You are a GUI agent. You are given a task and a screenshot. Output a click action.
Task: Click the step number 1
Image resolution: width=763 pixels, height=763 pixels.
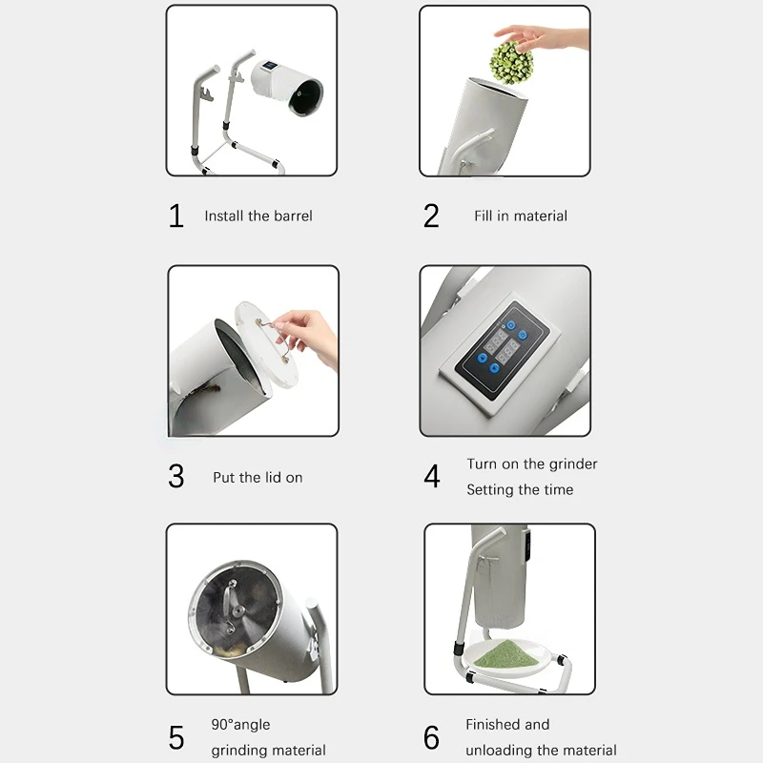click(176, 216)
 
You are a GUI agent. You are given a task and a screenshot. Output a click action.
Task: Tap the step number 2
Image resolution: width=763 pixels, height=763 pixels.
click(431, 216)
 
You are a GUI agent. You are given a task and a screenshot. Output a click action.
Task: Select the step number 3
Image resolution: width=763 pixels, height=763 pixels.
click(176, 476)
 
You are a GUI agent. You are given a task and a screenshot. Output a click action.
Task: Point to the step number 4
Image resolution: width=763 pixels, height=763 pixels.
click(432, 476)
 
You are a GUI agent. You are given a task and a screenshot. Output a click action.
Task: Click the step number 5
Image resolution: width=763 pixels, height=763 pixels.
click(176, 737)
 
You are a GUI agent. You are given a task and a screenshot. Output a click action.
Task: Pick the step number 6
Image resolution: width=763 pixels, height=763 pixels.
click(431, 737)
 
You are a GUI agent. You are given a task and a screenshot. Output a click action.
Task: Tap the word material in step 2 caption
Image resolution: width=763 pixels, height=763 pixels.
click(541, 216)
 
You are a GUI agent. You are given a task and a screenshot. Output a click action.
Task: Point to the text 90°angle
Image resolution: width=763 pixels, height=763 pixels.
click(240, 725)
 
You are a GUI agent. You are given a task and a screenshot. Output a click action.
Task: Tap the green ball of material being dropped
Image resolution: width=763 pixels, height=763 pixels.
click(511, 63)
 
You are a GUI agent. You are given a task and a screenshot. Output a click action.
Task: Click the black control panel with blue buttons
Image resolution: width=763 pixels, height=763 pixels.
click(503, 350)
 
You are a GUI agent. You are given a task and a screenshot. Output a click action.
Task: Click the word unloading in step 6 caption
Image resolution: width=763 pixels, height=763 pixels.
click(499, 751)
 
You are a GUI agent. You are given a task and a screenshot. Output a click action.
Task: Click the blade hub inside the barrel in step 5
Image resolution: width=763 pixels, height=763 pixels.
click(237, 611)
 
